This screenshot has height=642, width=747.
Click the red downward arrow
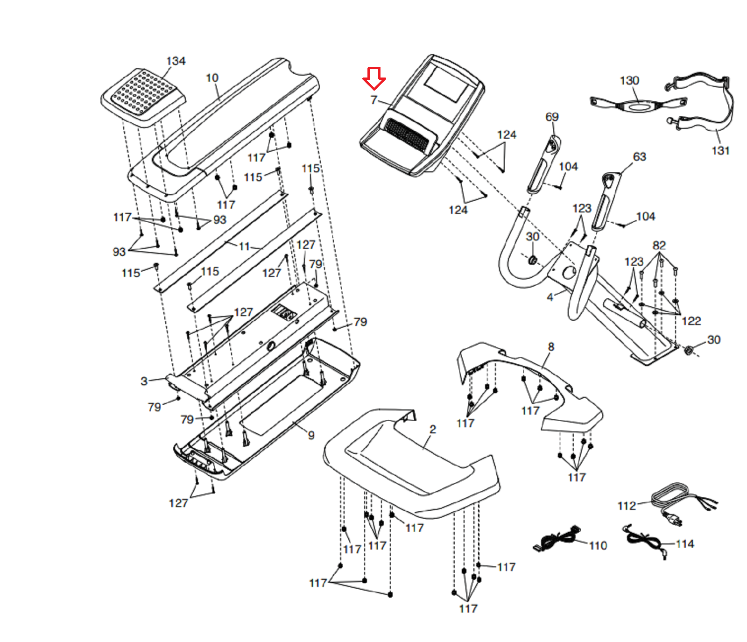(374, 78)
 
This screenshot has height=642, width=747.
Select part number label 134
(176, 61)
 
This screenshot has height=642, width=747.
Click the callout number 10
(212, 78)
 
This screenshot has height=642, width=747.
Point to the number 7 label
(373, 100)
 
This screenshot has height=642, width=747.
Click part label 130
(629, 81)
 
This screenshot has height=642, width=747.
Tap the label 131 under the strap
(720, 151)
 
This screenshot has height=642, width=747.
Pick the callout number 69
(552, 117)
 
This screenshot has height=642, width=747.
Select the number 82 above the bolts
(659, 246)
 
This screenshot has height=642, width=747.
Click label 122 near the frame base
(691, 321)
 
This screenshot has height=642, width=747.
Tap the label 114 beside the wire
(685, 544)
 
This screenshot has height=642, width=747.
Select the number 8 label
(551, 347)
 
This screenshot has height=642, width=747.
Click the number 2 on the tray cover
(433, 430)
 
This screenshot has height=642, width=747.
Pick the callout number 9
(311, 436)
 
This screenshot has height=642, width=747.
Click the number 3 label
(144, 381)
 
